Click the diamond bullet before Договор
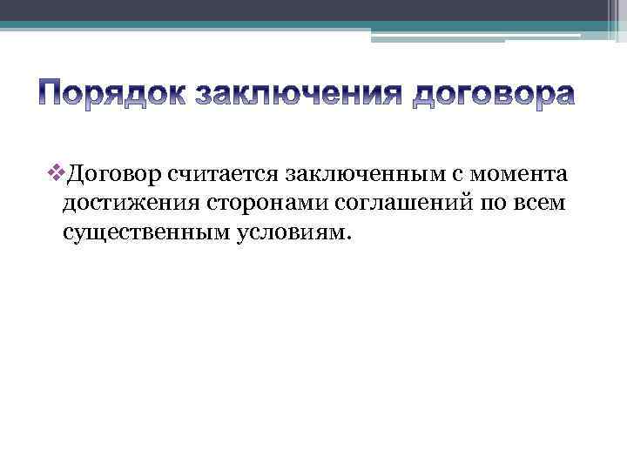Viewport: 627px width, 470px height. click(57, 174)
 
